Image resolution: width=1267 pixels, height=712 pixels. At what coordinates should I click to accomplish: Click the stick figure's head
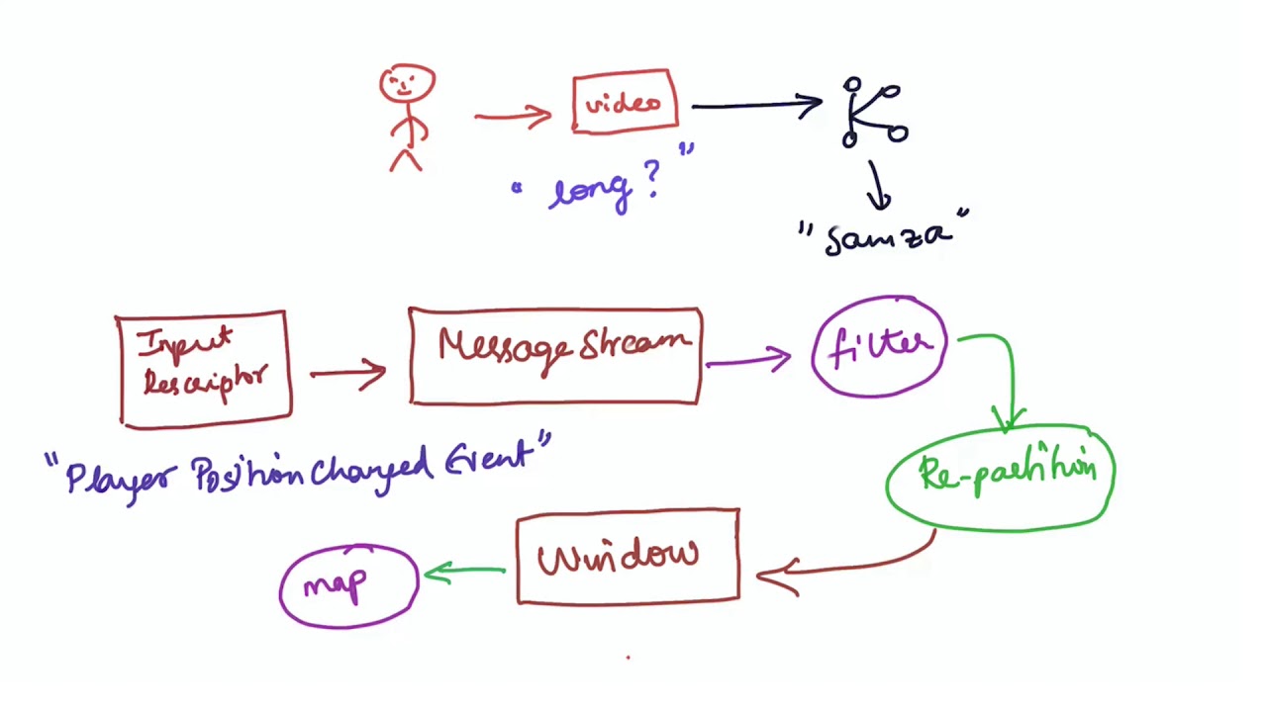pos(407,85)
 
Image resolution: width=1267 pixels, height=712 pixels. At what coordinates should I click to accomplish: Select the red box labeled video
pos(625,102)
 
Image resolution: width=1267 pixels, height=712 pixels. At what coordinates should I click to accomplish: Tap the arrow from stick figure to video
pos(513,117)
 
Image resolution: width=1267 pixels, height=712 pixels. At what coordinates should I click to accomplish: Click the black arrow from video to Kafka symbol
pos(756,104)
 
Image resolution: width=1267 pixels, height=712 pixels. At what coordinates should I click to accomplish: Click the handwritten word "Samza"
pos(886,237)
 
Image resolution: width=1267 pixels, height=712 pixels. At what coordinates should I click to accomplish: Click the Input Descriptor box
pos(204,369)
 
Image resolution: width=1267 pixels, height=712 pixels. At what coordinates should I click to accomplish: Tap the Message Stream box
pos(555,355)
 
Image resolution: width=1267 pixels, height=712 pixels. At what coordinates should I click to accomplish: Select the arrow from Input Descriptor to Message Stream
pos(348,374)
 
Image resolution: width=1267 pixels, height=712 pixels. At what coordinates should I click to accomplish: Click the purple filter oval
pos(879,347)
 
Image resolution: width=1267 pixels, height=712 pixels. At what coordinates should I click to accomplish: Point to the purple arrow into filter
pos(749,360)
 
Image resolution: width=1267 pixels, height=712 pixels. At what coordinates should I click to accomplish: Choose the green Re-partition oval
pos(1001,477)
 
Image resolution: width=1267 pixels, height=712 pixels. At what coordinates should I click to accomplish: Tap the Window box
pos(628,557)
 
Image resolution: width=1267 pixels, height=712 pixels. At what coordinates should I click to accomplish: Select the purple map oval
pos(348,585)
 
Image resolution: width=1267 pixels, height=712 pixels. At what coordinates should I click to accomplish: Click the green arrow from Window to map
pos(465,572)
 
